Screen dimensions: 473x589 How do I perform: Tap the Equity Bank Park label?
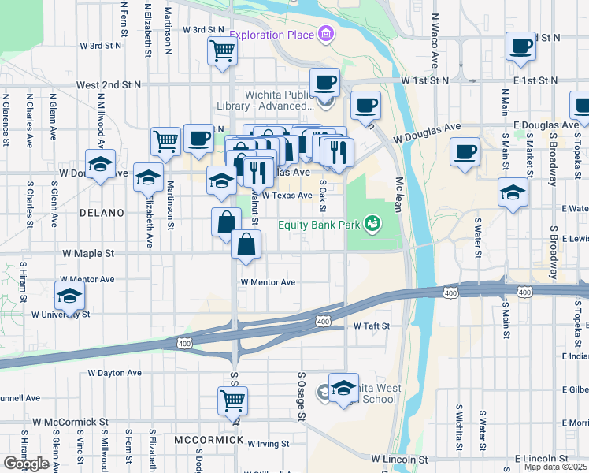[x=318, y=225]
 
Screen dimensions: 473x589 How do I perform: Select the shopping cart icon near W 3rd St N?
[x=223, y=50]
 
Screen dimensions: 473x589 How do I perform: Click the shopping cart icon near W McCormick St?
[x=233, y=400]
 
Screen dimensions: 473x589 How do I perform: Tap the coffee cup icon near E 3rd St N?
[x=520, y=47]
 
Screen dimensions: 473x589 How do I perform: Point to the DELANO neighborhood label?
[x=102, y=213]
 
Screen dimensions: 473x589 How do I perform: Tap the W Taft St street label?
[x=372, y=326]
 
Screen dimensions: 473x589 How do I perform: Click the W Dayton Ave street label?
[x=114, y=372]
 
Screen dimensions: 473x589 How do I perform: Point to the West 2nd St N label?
[x=108, y=84]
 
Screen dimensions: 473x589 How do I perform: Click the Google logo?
[x=26, y=464]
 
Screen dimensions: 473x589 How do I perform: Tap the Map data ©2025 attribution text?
[x=554, y=467]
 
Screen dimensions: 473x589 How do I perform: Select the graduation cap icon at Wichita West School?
[x=343, y=388]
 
